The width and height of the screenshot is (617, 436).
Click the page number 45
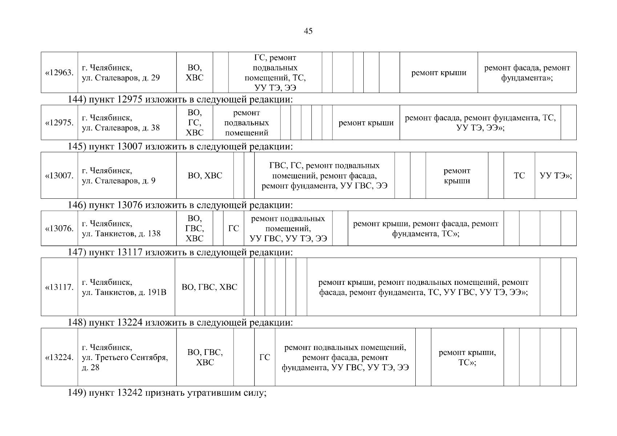[308, 31]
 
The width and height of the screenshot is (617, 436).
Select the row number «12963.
[59, 73]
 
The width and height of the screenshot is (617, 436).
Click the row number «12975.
[59, 123]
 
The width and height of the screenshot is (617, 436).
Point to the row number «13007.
[59, 176]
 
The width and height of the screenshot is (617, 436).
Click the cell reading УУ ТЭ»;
[556, 176]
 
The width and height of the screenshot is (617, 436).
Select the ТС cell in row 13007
[519, 176]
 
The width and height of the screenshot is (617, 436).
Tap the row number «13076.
[59, 229]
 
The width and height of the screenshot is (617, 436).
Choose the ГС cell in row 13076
[234, 229]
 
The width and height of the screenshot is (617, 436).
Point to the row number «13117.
[59, 287]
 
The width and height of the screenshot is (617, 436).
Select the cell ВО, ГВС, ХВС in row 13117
[209, 287]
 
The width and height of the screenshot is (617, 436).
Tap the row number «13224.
[59, 358]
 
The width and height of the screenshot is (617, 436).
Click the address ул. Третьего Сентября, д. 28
[125, 358]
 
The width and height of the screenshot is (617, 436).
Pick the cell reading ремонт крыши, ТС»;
[467, 358]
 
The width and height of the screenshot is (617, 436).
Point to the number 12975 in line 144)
[130, 100]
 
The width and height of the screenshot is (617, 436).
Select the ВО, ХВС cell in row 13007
[205, 176]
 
